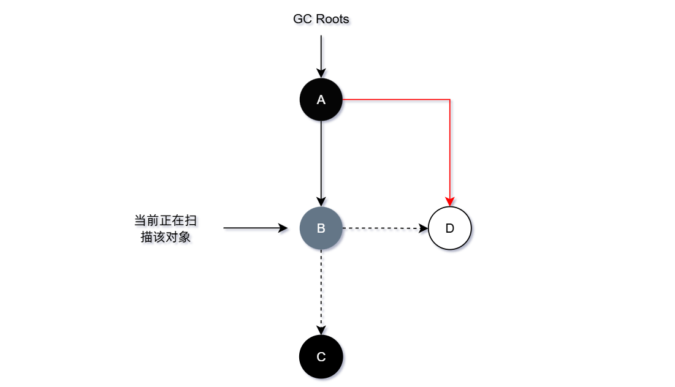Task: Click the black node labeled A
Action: (x=321, y=100)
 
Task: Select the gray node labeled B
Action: (x=321, y=228)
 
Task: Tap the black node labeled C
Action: (x=321, y=356)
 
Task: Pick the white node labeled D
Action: (x=449, y=228)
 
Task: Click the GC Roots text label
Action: (x=321, y=19)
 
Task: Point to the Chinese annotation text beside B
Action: (x=166, y=228)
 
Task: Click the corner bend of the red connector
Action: (x=449, y=99)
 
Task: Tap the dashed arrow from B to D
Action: (x=383, y=228)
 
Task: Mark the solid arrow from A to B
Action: (x=321, y=162)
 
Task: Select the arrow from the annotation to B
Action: (x=254, y=228)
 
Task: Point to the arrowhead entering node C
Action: (x=321, y=331)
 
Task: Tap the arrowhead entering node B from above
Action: (x=321, y=202)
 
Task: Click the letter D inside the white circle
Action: (x=449, y=228)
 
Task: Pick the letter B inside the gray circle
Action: (x=321, y=228)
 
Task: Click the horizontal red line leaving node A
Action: (x=395, y=99)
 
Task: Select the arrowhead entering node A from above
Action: (x=321, y=73)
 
